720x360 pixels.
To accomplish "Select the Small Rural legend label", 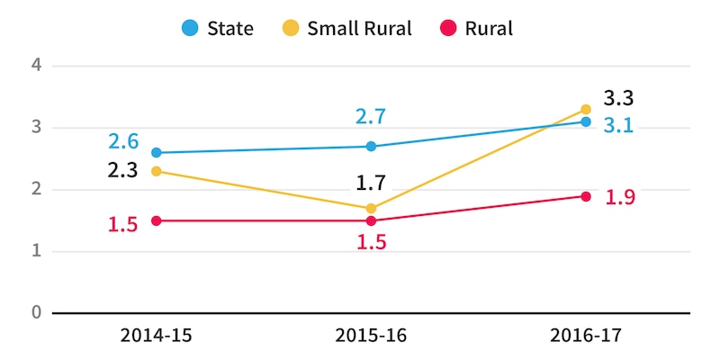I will (x=359, y=28).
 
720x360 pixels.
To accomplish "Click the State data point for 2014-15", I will (x=157, y=153).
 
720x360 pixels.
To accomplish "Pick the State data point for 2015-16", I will (x=371, y=147).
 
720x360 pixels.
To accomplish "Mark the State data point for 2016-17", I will (x=586, y=121).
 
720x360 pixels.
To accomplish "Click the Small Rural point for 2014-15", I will (x=157, y=171).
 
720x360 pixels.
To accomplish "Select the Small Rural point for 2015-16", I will (x=371, y=208).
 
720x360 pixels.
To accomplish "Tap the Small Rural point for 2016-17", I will (x=586, y=110).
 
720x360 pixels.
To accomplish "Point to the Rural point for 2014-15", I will (x=157, y=220).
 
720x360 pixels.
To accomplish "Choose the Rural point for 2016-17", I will (x=586, y=196).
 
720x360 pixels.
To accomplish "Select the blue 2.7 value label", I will (x=371, y=117).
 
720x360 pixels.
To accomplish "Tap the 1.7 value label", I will (x=371, y=184).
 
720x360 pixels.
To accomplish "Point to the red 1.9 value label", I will (x=621, y=197).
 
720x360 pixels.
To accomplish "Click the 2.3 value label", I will (x=122, y=171).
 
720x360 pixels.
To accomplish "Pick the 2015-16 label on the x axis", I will (x=371, y=336).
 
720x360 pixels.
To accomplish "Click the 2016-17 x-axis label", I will (x=586, y=336).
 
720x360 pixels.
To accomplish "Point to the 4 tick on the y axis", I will (x=37, y=66).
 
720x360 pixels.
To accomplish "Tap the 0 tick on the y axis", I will (x=37, y=313).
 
